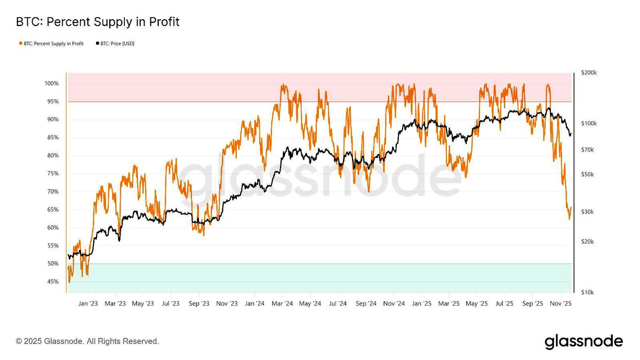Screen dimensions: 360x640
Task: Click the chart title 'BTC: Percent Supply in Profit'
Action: tap(98, 22)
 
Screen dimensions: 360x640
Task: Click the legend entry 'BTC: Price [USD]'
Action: tap(115, 43)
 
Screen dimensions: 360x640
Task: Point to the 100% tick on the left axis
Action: tap(52, 84)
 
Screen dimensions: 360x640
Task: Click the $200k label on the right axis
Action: tap(589, 73)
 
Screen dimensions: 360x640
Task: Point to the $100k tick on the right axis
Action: tap(589, 123)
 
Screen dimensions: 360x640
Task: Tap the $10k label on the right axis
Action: tap(587, 292)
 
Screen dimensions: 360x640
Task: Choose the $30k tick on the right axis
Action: tap(587, 212)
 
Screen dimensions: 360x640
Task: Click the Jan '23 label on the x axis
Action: tap(87, 303)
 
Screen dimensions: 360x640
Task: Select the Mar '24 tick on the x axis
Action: tap(282, 303)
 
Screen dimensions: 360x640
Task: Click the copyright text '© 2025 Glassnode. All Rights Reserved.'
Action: tap(87, 341)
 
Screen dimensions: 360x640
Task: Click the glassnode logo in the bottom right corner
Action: tap(583, 341)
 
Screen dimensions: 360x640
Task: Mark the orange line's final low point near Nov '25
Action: tap(569, 219)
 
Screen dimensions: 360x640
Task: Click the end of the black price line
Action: tap(571, 134)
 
